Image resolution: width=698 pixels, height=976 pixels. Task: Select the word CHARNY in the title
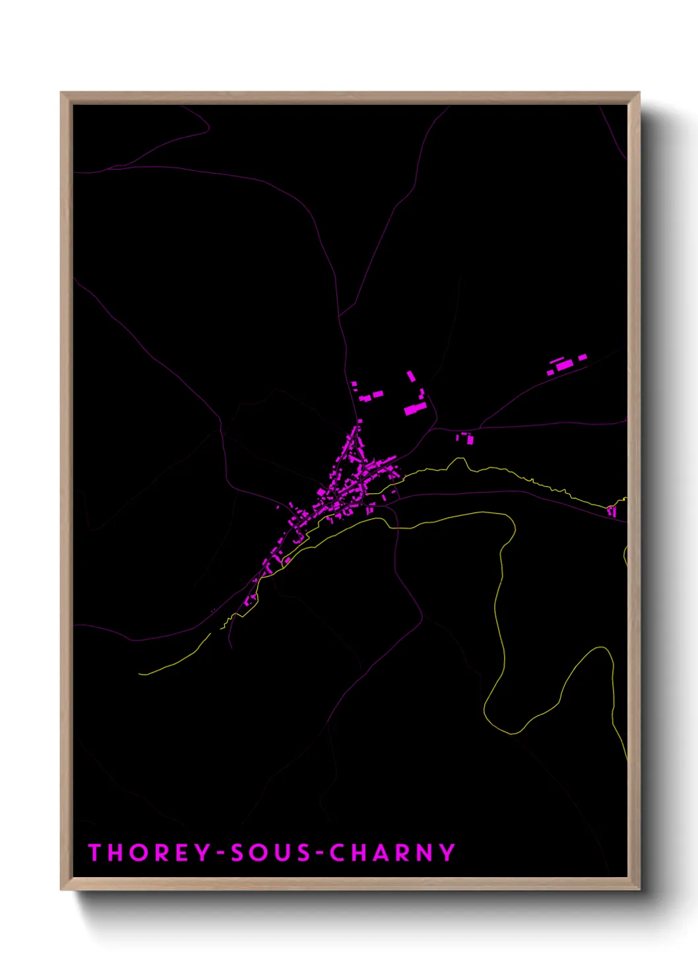click(393, 852)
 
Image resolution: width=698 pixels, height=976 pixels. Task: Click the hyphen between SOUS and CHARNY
click(321, 853)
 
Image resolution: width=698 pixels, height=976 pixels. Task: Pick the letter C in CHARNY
click(338, 852)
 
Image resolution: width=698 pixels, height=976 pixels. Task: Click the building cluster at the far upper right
click(565, 365)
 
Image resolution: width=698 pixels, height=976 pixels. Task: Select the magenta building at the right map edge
click(612, 511)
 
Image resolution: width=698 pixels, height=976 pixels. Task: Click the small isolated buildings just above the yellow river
click(465, 438)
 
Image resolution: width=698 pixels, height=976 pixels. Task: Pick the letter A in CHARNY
click(381, 852)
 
